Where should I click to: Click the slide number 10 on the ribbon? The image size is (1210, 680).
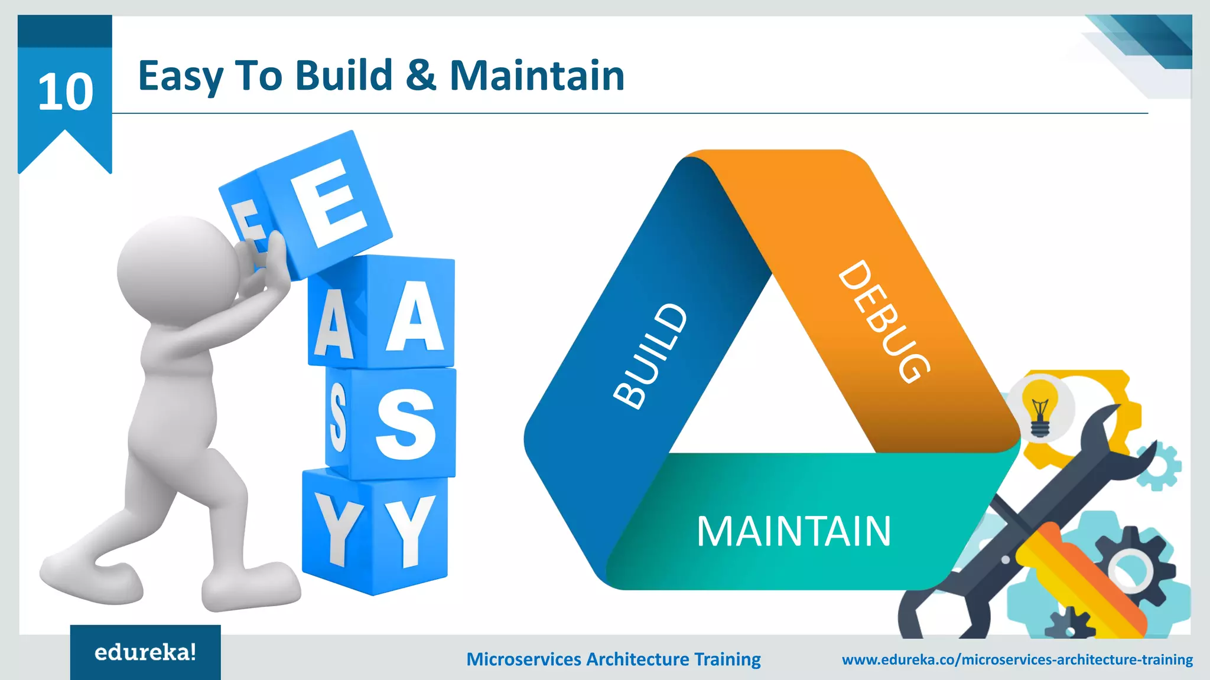click(65, 92)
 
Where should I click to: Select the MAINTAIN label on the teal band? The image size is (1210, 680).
click(793, 531)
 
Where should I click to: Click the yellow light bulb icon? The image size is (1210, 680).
click(1040, 407)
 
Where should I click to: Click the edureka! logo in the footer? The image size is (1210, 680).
click(145, 652)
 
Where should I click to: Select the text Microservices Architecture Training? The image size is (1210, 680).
click(613, 659)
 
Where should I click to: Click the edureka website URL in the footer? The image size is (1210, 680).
click(1017, 659)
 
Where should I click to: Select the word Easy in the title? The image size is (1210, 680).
click(181, 77)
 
